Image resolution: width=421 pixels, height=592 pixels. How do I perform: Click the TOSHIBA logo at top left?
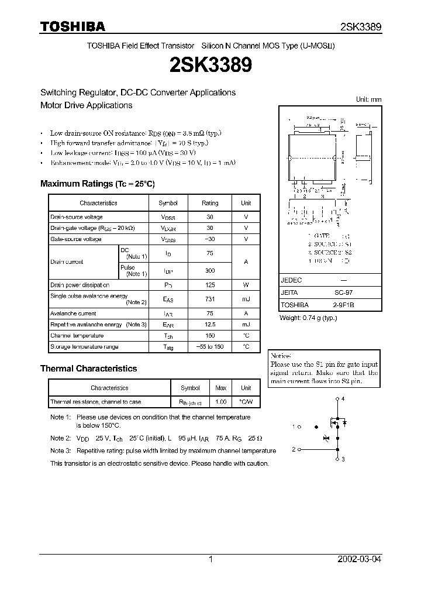click(x=73, y=26)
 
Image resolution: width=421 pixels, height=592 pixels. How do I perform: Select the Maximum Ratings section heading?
click(x=97, y=184)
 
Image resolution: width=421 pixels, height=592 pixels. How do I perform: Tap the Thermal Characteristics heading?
click(x=88, y=369)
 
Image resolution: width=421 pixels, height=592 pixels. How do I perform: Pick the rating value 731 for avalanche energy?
click(x=210, y=299)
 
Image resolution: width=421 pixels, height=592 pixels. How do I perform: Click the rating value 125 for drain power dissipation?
click(x=210, y=285)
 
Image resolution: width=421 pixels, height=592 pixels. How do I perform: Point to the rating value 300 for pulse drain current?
click(x=210, y=271)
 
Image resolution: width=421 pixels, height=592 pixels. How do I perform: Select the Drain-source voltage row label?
click(x=77, y=217)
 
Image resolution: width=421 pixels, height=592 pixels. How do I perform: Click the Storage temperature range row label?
click(x=84, y=347)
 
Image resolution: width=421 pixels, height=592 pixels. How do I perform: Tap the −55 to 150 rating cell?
click(x=210, y=347)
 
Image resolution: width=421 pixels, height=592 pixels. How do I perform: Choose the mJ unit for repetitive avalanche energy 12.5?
click(x=246, y=324)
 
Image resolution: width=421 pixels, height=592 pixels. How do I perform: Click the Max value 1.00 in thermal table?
click(x=221, y=402)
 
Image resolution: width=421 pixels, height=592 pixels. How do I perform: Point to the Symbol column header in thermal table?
click(x=190, y=388)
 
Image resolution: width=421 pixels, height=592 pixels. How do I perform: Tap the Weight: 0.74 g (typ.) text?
click(x=308, y=318)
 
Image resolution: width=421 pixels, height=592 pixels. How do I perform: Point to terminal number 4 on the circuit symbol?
click(x=343, y=398)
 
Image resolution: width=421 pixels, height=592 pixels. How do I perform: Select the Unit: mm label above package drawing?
click(x=368, y=99)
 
